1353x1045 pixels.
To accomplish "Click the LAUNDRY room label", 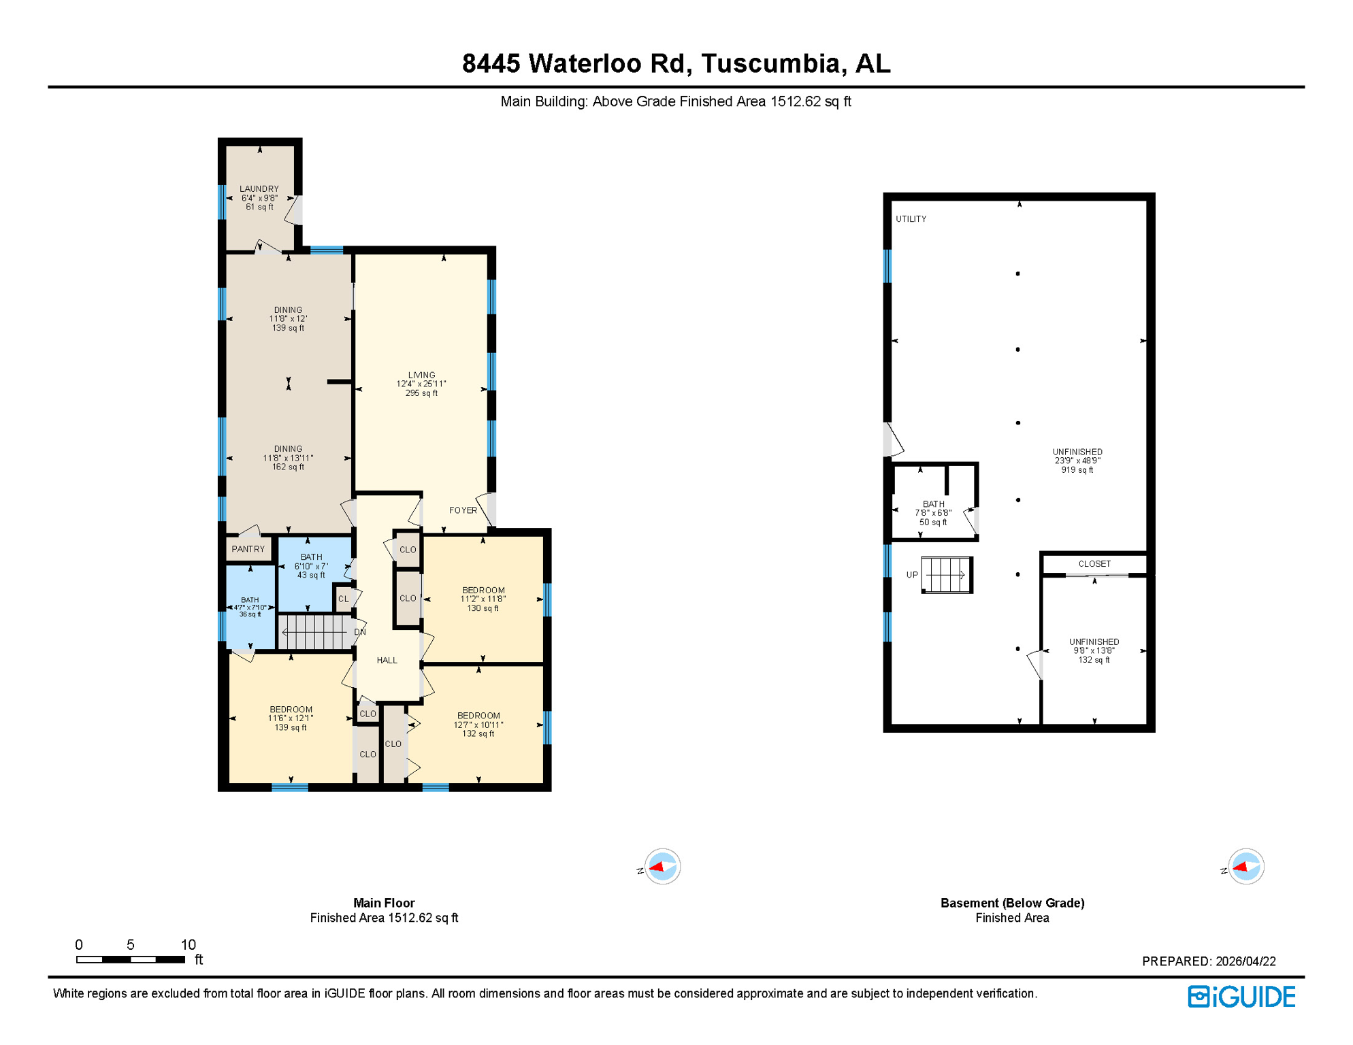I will click(259, 189).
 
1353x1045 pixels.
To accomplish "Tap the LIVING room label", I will click(421, 375).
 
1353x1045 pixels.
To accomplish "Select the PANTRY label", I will click(248, 549).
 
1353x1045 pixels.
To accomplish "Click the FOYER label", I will click(463, 510).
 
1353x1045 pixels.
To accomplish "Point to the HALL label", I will click(387, 660).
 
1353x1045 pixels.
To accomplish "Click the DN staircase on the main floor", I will click(316, 632).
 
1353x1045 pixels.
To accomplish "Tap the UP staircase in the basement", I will click(946, 575).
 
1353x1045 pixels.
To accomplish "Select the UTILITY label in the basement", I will click(911, 219).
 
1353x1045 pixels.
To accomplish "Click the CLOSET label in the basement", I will click(1094, 564).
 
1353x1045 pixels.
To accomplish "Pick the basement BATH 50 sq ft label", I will click(933, 513).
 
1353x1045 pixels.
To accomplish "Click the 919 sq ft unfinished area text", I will click(1077, 469).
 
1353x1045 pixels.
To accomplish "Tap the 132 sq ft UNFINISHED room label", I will click(1094, 650).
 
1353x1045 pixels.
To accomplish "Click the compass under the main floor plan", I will click(662, 867).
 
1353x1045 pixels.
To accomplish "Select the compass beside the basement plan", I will click(1245, 867).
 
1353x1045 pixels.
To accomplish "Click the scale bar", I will click(130, 959).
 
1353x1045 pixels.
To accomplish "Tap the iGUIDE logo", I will click(1241, 997).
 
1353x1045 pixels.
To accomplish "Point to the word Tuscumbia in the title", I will click(772, 63).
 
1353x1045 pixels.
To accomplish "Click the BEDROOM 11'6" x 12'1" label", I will click(291, 718).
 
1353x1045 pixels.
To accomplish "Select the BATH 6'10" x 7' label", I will click(311, 565).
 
